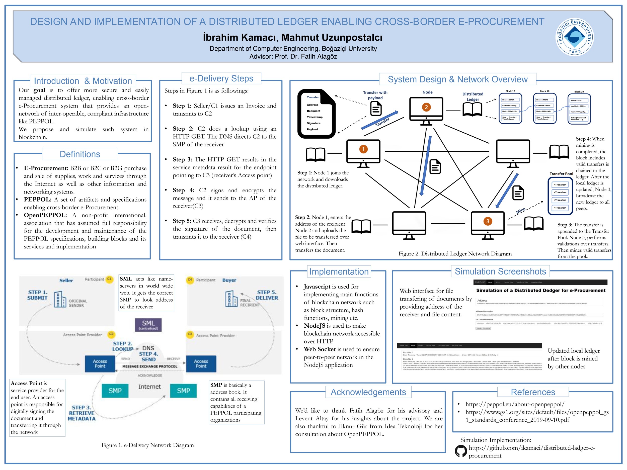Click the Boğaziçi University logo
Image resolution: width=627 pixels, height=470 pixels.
click(574, 37)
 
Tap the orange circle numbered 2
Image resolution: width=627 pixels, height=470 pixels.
click(426, 107)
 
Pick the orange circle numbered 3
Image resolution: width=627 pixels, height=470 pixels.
click(488, 221)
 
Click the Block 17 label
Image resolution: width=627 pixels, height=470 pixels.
click(510, 91)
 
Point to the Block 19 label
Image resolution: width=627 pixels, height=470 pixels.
click(579, 91)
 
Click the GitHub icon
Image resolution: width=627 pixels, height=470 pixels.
click(461, 451)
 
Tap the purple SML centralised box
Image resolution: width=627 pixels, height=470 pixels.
click(148, 325)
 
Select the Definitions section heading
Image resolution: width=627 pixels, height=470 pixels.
click(80, 154)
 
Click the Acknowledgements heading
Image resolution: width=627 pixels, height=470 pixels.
click(368, 392)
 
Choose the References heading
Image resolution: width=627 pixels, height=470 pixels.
click(533, 392)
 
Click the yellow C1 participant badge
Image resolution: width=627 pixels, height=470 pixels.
click(109, 279)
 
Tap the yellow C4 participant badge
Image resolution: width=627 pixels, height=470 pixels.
click(190, 280)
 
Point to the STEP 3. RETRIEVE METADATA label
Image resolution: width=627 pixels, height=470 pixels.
click(82, 413)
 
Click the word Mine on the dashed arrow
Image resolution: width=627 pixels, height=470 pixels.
click(520, 211)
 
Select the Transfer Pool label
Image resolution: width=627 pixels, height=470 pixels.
click(561, 174)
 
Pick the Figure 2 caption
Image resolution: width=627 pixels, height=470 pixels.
click(455, 254)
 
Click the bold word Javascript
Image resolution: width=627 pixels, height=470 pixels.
click(317, 287)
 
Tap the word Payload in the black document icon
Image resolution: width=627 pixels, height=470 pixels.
click(312, 129)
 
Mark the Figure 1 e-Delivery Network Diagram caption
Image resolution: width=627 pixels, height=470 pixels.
click(147, 445)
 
